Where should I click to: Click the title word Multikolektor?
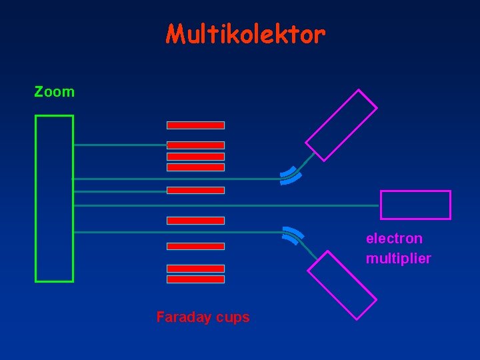click(245, 34)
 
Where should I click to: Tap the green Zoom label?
click(55, 92)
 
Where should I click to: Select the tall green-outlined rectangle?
click(54, 198)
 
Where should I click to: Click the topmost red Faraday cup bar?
click(195, 125)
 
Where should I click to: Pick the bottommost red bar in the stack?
click(195, 279)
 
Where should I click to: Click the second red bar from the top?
click(195, 145)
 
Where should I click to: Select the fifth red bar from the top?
click(195, 190)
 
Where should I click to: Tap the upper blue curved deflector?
click(291, 175)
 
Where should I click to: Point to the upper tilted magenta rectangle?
click(341, 125)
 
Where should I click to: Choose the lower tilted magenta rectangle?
click(341, 285)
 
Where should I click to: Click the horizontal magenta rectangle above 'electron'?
click(415, 205)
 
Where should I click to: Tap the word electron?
click(393, 239)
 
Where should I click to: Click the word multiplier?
click(398, 258)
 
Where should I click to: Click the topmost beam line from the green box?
click(120, 145)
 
